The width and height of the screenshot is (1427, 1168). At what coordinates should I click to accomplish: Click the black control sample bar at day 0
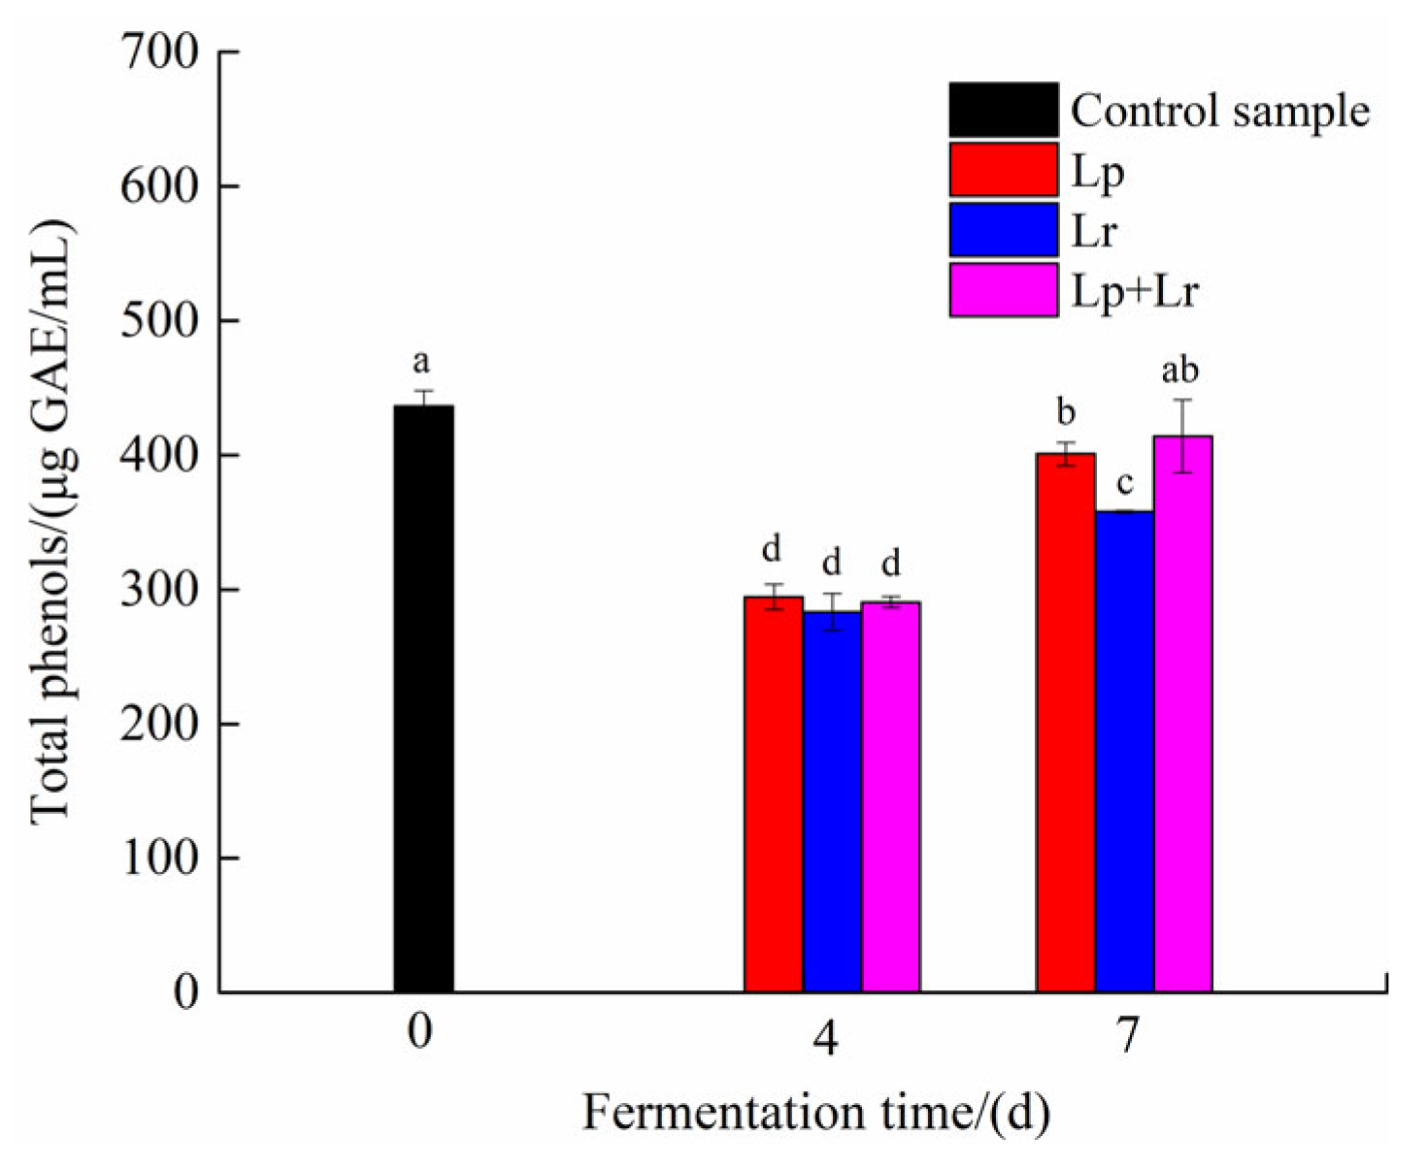click(x=423, y=698)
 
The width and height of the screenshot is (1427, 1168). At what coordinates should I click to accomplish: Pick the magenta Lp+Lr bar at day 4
click(x=890, y=796)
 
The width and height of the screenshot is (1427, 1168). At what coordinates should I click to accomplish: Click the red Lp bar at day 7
click(x=1065, y=723)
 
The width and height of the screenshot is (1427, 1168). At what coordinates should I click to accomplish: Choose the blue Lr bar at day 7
click(x=1124, y=752)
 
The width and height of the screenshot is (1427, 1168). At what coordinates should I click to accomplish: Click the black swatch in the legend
click(x=1003, y=110)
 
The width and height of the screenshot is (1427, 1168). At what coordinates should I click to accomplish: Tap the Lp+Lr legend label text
click(x=1135, y=290)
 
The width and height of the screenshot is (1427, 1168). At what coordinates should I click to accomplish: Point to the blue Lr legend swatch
click(x=1003, y=230)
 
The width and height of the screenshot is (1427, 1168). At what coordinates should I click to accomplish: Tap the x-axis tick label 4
click(x=826, y=1038)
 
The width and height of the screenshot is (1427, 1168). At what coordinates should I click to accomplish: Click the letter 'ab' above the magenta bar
click(x=1180, y=370)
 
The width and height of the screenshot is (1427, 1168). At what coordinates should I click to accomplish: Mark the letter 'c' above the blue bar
click(x=1125, y=481)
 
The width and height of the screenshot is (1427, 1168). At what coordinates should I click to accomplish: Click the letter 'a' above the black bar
click(x=421, y=363)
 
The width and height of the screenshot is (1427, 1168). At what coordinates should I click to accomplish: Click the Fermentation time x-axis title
click(x=815, y=1113)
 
